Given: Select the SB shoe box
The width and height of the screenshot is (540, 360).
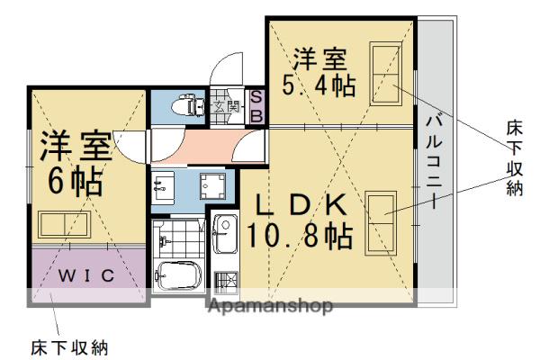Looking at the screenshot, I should pyautogui.click(x=255, y=106).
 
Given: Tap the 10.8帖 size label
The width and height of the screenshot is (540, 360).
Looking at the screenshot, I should pyautogui.click(x=300, y=238).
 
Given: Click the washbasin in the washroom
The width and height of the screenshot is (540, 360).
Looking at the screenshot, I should pyautogui.click(x=165, y=187).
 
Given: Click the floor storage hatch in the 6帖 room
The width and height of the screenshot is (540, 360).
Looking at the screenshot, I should pyautogui.click(x=65, y=224).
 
